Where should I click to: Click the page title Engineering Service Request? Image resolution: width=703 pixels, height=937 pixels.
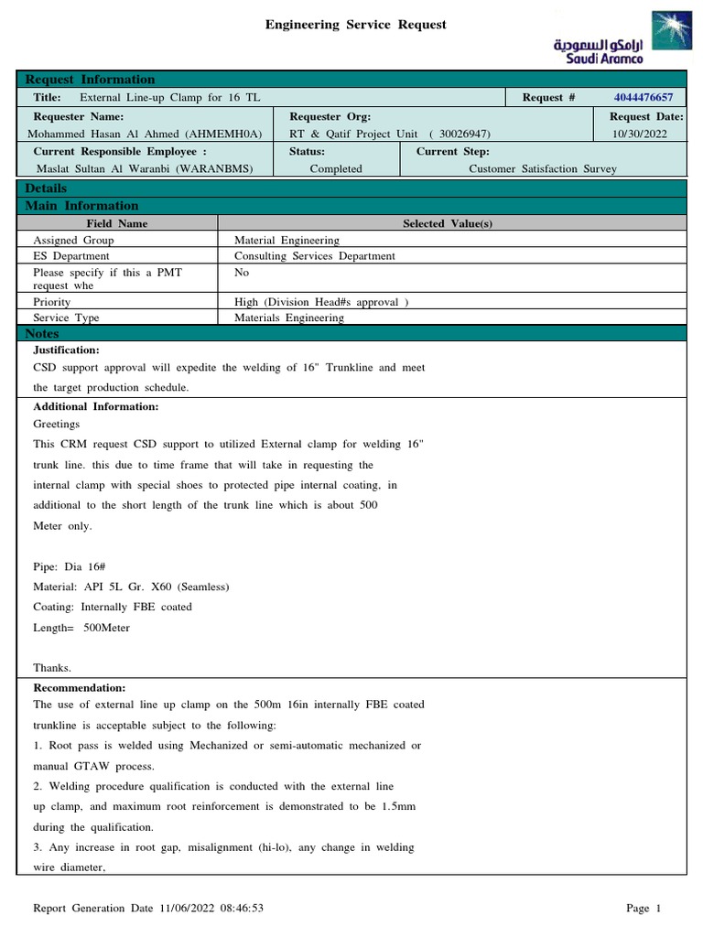click(x=356, y=25)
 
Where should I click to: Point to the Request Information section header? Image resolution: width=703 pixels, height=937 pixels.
click(x=90, y=80)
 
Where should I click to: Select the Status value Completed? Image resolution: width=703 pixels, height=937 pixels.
click(x=336, y=168)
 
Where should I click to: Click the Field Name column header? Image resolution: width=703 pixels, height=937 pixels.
click(x=117, y=223)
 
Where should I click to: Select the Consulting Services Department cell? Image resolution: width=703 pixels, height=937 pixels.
click(x=315, y=256)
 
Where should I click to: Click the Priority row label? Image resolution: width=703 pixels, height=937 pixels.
click(x=51, y=301)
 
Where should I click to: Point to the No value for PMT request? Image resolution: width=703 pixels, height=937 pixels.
click(x=242, y=273)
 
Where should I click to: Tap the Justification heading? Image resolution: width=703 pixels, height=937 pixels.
click(x=66, y=350)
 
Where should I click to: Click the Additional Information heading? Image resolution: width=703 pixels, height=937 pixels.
click(x=96, y=406)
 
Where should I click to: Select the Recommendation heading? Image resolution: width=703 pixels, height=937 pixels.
click(x=80, y=687)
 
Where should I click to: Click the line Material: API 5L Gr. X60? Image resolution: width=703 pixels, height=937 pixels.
click(x=131, y=587)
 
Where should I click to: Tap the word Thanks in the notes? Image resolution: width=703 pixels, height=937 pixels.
click(x=52, y=667)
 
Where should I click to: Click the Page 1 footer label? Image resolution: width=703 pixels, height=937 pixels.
click(x=643, y=909)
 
